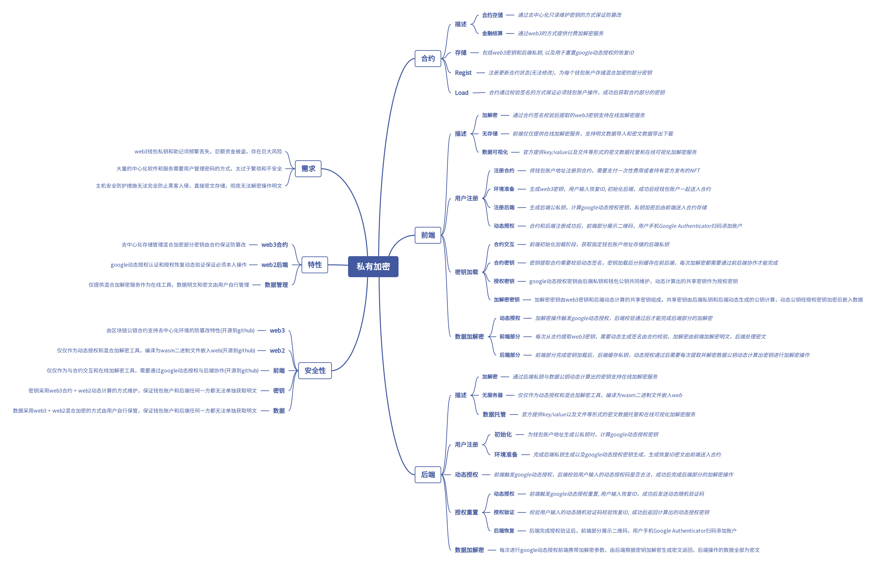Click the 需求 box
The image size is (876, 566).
(x=308, y=169)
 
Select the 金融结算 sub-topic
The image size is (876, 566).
(x=492, y=33)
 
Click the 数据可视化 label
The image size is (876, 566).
(x=495, y=152)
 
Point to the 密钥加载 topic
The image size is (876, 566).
(x=466, y=272)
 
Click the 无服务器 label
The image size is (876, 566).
(x=492, y=395)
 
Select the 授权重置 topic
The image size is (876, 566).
(x=466, y=512)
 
